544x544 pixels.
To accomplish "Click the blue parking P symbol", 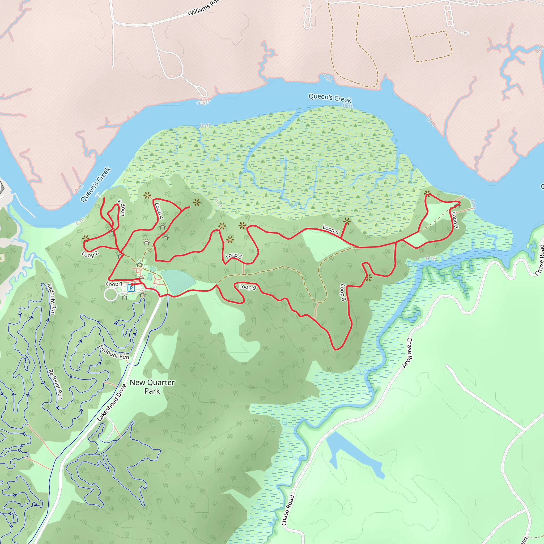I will click(x=131, y=288).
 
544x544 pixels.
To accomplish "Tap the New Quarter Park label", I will click(x=152, y=386).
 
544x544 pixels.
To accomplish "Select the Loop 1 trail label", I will click(x=114, y=284).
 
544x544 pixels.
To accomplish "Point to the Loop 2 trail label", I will click(x=90, y=254).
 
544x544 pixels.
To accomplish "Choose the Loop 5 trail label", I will click(x=234, y=256).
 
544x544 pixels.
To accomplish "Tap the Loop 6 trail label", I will click(x=330, y=229).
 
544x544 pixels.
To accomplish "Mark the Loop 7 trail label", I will click(x=454, y=220).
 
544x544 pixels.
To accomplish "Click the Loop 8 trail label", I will click(x=343, y=292).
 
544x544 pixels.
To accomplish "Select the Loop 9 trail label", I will click(x=248, y=287).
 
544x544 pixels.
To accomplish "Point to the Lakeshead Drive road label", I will click(x=112, y=403).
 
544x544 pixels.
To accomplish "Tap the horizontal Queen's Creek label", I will click(x=330, y=98).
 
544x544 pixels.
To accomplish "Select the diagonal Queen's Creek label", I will click(x=96, y=184).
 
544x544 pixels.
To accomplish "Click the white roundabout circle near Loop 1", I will click(x=111, y=295).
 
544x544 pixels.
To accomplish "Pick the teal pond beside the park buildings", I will click(x=177, y=282).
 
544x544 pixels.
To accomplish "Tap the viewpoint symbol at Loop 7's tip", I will click(x=427, y=193).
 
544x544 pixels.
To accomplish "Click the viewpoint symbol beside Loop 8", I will click(x=369, y=278).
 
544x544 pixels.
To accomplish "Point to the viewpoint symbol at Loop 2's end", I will click(x=86, y=239).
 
